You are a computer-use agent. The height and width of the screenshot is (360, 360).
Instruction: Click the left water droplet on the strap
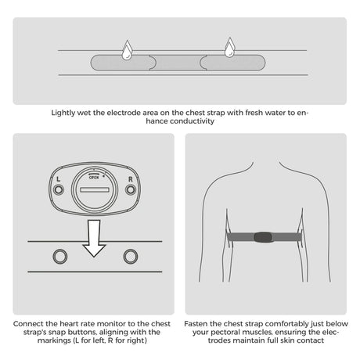pos(127,51)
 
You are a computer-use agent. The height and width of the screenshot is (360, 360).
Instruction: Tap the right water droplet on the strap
pos(230,48)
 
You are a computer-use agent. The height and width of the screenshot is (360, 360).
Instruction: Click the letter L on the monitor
pos(59,179)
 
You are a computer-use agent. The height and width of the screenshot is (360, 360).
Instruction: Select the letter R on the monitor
pos(131,179)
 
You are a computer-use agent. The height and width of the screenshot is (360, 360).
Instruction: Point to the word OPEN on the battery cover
pos(94,178)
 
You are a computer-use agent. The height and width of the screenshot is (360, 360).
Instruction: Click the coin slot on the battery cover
pos(94,189)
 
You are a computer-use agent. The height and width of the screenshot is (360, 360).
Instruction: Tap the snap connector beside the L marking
pos(59,189)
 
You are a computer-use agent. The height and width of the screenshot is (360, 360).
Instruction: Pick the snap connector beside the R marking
pos(131,189)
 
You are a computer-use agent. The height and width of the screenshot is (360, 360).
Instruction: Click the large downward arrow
pos(94,239)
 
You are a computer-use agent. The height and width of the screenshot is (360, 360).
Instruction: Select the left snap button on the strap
pos(60,256)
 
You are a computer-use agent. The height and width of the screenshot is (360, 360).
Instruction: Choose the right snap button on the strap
pos(131,256)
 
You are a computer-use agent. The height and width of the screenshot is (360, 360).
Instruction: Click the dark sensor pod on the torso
pos(263,237)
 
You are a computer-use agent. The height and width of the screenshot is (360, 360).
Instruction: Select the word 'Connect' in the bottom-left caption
pos(28,324)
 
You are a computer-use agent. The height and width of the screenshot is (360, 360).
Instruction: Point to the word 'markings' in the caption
pos(54,340)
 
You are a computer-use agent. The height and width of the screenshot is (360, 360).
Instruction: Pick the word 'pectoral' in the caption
pos(225,333)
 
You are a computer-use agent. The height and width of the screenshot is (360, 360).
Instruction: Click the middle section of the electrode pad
pos(178,63)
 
